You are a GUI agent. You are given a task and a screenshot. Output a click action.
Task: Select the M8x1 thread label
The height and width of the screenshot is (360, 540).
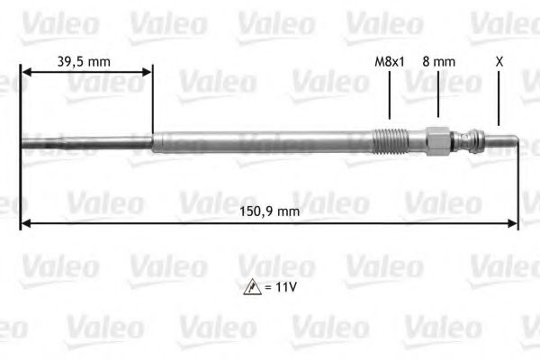389,61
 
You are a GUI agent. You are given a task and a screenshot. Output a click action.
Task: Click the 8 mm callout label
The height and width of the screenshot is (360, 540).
438,61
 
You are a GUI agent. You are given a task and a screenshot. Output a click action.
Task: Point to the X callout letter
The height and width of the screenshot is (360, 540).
499,61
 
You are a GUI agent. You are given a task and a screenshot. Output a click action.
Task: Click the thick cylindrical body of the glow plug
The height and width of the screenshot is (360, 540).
261,141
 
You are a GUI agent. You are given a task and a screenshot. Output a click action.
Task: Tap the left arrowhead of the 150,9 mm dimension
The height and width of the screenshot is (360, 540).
25,224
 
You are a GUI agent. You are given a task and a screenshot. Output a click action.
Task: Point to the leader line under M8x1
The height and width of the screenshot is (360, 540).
390,94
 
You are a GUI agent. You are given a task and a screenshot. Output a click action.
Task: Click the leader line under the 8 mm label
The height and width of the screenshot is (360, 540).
438,94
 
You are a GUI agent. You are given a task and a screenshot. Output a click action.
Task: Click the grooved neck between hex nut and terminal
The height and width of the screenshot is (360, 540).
464,140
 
